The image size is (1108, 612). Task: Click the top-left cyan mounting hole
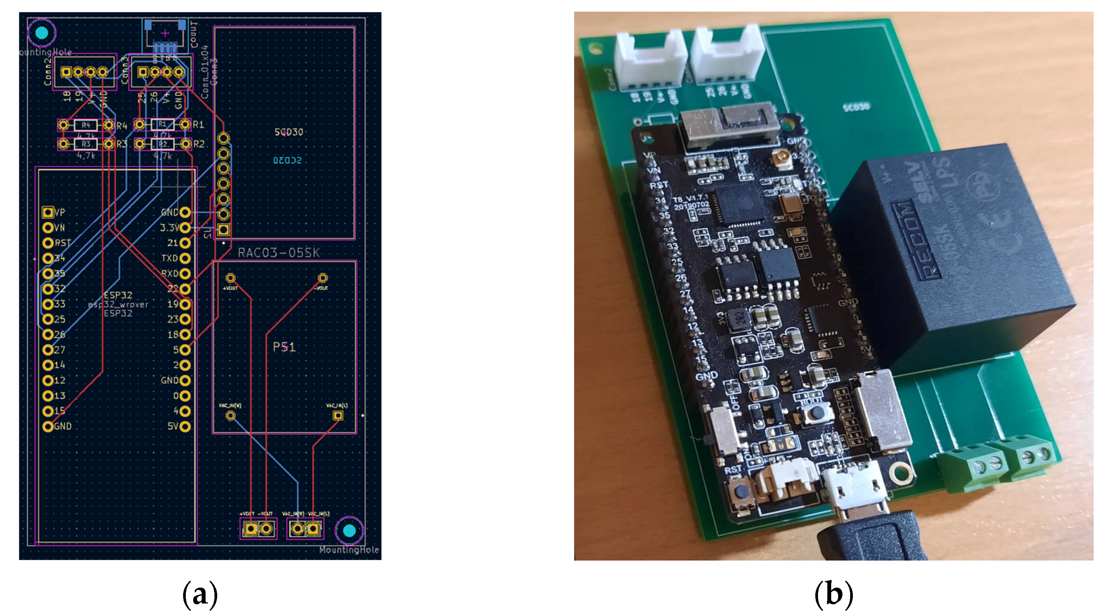pyautogui.click(x=42, y=32)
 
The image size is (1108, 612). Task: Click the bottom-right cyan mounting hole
pyautogui.click(x=349, y=530)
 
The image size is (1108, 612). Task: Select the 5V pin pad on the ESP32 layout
pyautogui.click(x=185, y=426)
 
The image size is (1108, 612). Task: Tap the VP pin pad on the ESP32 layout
pyautogui.click(x=48, y=212)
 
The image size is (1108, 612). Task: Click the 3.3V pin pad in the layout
pyautogui.click(x=185, y=227)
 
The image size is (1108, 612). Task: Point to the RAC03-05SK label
pyautogui.click(x=279, y=253)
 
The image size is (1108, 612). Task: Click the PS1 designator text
pyautogui.click(x=284, y=347)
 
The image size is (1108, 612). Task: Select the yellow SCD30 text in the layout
pyautogui.click(x=288, y=132)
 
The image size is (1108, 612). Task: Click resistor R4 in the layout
pyautogui.click(x=86, y=125)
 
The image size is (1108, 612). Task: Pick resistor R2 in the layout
pyautogui.click(x=163, y=144)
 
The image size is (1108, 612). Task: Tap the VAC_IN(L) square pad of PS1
pyautogui.click(x=338, y=415)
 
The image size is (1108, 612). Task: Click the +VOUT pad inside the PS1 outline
pyautogui.click(x=231, y=278)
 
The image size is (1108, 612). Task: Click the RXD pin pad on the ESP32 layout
pyautogui.click(x=185, y=274)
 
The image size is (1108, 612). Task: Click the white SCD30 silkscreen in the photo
pyautogui.click(x=856, y=107)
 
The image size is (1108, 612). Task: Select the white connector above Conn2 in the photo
pyautogui.click(x=650, y=58)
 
